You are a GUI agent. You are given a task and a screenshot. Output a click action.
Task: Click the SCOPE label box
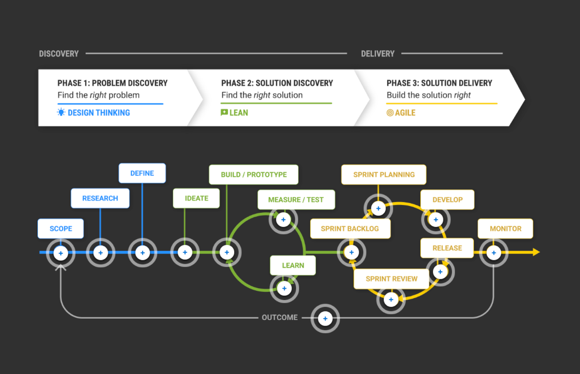click(61, 229)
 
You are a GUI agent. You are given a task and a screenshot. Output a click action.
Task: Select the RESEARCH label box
click(100, 198)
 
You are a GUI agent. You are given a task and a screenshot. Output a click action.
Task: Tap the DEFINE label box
click(142, 173)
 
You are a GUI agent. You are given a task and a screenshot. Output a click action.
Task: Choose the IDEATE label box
click(196, 198)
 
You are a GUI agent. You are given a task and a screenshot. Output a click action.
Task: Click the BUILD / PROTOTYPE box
click(254, 175)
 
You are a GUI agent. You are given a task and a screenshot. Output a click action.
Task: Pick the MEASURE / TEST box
click(296, 200)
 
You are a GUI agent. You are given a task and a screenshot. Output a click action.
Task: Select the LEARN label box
click(293, 266)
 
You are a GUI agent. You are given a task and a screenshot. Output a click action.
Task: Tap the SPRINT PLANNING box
click(384, 175)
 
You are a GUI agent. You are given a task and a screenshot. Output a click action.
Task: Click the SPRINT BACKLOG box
click(350, 229)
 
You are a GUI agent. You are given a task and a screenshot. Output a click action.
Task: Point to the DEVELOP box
click(447, 200)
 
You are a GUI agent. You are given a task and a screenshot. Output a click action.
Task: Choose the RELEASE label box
click(447, 248)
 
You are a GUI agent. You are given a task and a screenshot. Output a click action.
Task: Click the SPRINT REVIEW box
click(391, 279)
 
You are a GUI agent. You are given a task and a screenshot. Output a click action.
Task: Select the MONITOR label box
click(505, 229)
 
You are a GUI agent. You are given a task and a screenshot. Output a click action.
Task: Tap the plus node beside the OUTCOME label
click(325, 319)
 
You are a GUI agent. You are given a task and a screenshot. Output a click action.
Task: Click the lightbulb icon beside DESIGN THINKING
click(61, 112)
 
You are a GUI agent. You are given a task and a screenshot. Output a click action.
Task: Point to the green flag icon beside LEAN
click(224, 112)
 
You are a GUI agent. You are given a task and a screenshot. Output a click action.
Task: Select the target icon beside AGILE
click(390, 113)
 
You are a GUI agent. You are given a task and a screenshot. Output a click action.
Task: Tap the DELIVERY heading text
click(377, 54)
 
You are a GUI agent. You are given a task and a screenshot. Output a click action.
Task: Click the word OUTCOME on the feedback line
click(280, 318)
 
